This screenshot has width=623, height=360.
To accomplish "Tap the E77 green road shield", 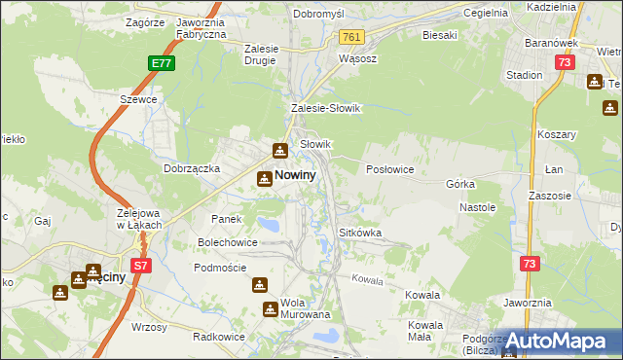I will (x=164, y=64).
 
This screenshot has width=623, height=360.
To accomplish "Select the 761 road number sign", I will (x=351, y=37).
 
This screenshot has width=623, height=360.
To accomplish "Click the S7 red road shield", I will (x=141, y=265).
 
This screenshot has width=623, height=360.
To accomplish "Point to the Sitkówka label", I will (x=359, y=234).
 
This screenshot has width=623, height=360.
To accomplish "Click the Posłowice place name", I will (x=390, y=169).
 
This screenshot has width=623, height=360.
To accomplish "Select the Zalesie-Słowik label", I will (x=326, y=109).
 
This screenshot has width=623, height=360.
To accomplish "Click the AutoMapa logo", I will (x=564, y=341).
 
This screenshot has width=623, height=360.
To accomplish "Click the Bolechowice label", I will (x=229, y=241).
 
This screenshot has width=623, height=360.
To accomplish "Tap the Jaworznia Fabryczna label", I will (x=201, y=27).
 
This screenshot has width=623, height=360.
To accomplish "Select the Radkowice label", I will (x=218, y=336).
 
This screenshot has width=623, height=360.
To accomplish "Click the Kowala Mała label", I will (x=426, y=330).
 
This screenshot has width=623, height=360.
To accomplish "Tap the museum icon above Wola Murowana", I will (x=260, y=285).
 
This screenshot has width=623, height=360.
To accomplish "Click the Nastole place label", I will (x=477, y=207).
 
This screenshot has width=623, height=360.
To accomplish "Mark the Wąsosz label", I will (x=356, y=58).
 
